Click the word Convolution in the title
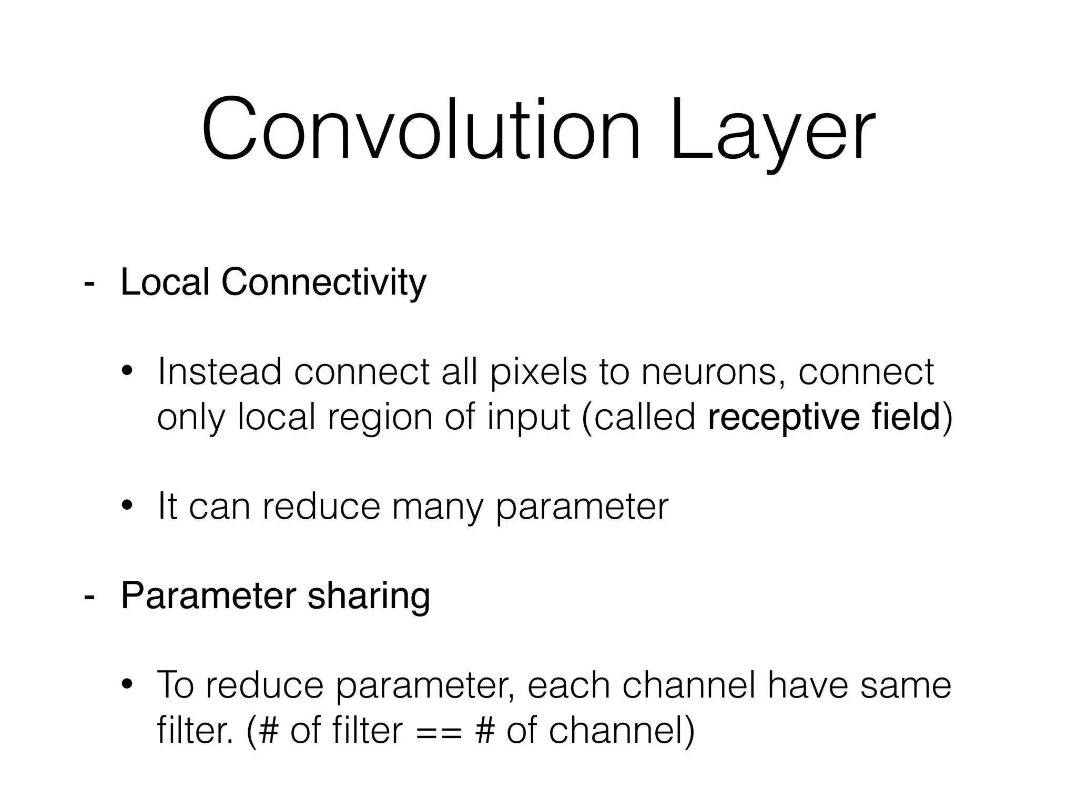pos(421,129)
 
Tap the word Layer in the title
pos(772,132)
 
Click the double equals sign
pos(439,731)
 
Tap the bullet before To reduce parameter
pos(127,685)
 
